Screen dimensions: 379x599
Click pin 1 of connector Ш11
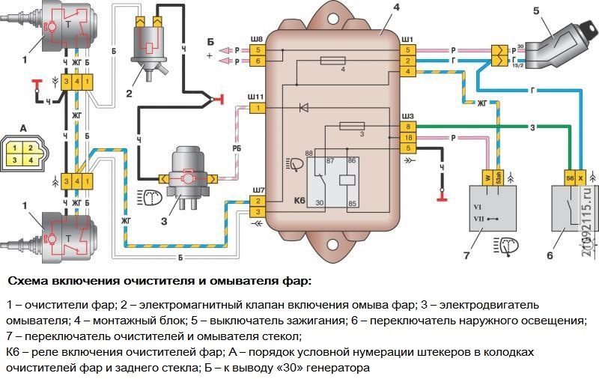point(257,109)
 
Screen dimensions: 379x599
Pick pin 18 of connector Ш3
point(407,138)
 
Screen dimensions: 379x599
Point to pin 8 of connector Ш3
point(407,127)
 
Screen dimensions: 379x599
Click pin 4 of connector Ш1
point(407,71)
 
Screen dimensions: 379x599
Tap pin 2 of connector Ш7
point(257,201)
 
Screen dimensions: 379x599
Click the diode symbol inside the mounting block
point(303,109)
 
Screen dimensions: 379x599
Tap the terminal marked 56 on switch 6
point(569,178)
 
